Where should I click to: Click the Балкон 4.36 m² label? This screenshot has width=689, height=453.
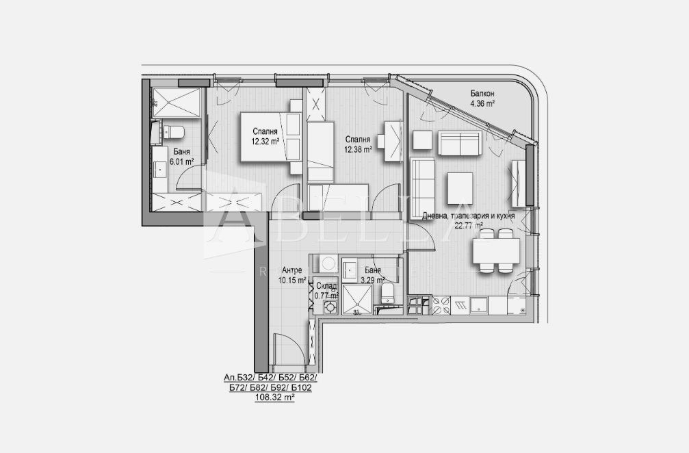click(482, 99)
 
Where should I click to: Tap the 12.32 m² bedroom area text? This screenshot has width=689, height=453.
click(265, 142)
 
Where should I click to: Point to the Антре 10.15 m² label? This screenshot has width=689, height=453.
click(291, 275)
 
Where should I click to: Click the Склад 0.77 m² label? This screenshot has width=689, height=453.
click(326, 291)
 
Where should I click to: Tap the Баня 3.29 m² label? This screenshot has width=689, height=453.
click(374, 274)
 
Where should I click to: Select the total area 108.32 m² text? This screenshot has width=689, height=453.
click(274, 397)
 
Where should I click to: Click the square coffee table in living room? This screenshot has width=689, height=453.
click(459, 186)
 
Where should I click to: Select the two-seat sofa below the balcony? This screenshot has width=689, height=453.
click(458, 143)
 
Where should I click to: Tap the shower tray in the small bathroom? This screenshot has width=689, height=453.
click(356, 300)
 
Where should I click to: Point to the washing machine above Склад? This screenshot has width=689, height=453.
click(325, 263)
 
